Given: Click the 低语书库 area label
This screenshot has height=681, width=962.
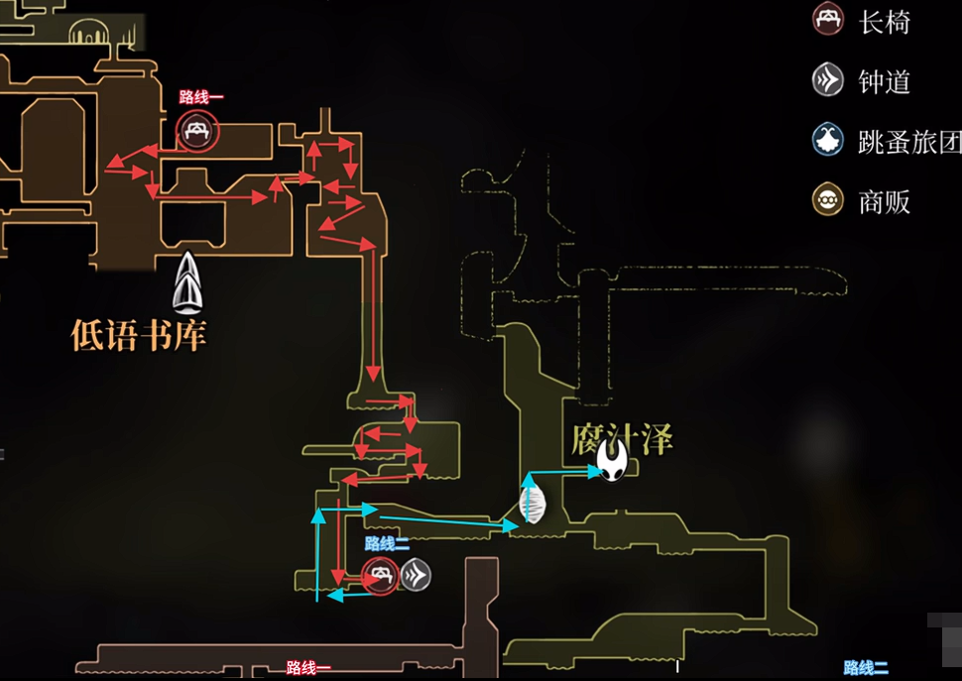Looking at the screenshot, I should [138, 334].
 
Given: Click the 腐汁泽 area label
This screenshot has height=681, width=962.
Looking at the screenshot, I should [623, 438].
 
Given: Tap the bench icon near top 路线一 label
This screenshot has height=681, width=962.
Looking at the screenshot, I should [197, 130].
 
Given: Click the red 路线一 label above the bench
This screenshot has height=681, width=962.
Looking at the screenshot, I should [201, 97].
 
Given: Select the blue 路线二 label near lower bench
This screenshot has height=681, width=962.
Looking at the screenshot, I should [387, 543].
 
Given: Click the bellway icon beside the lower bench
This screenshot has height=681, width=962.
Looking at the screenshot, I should [416, 575].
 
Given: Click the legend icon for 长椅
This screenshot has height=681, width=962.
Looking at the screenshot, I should [827, 20].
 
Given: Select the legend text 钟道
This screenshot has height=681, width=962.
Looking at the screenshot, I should [884, 81].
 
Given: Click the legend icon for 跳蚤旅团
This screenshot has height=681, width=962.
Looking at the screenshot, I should [827, 141].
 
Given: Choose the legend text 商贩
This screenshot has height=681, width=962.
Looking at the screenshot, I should [884, 202].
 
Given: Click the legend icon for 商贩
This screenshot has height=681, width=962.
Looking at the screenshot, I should [827, 201].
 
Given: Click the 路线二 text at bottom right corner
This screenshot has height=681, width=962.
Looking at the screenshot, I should [866, 668].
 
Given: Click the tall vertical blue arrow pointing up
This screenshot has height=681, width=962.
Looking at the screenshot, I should [318, 555].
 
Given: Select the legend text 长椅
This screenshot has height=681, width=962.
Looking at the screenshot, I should [884, 22].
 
